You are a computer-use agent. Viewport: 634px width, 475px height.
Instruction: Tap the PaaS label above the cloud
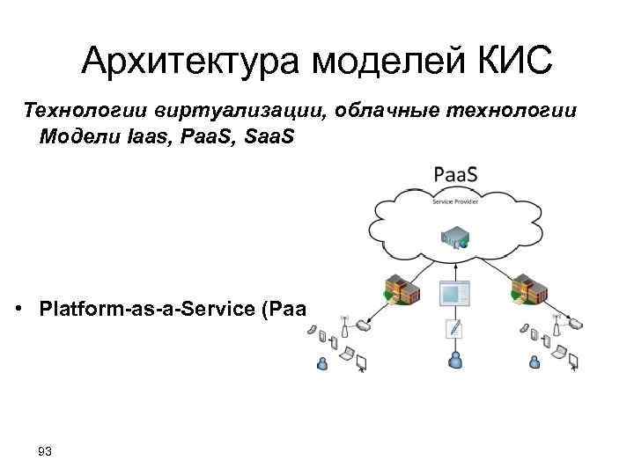coord(455,175)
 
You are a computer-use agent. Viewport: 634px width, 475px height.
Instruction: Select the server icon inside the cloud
coord(454,235)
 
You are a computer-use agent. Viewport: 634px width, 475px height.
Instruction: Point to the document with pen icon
coord(455,330)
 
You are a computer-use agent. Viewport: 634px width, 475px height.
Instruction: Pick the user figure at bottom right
coord(534,361)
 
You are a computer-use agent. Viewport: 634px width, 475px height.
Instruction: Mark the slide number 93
coord(45,452)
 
